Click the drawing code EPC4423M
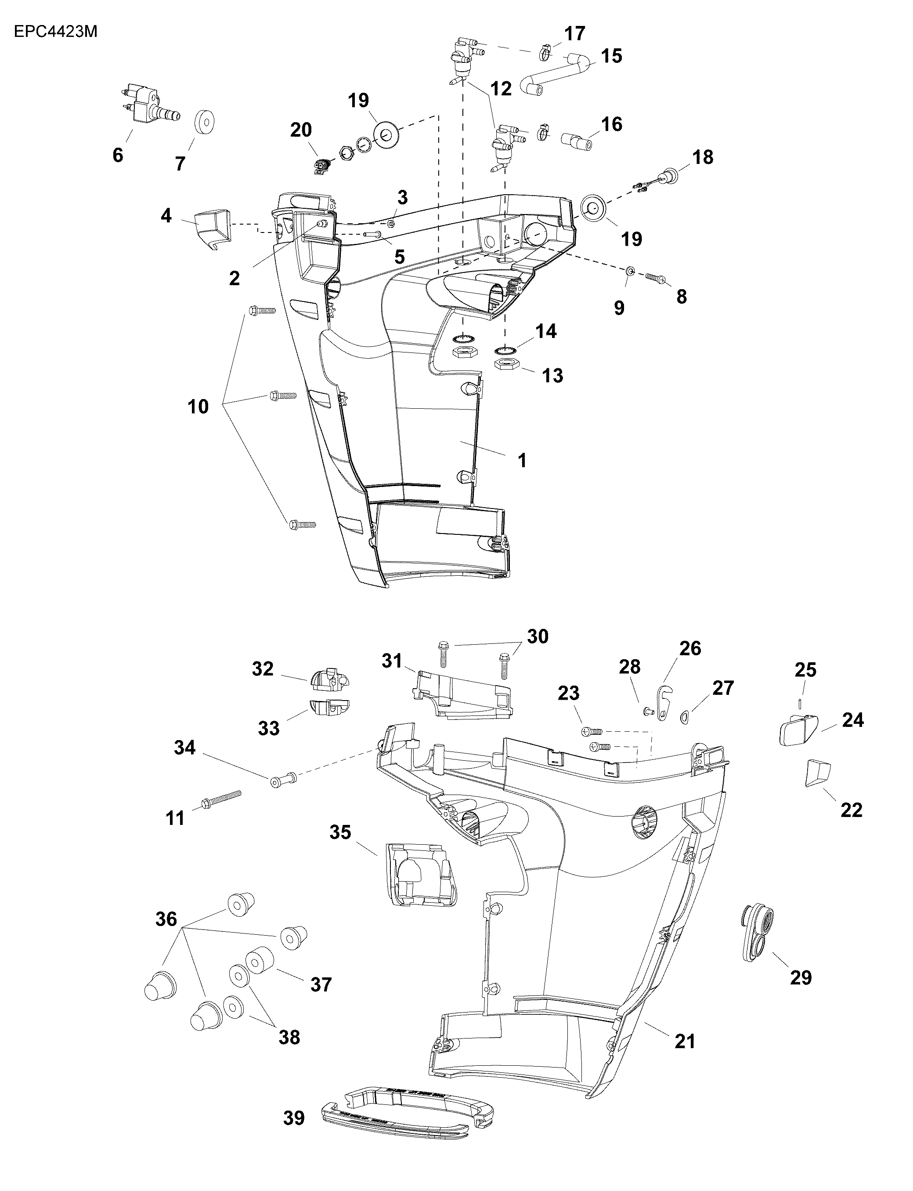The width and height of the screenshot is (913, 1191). tap(55, 32)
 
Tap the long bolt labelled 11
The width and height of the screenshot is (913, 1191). tap(220, 802)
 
